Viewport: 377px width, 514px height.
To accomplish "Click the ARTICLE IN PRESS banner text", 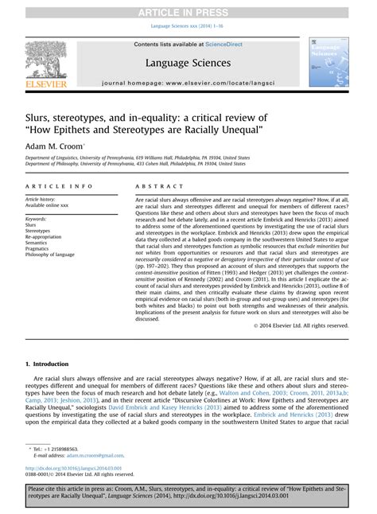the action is pos(188,9).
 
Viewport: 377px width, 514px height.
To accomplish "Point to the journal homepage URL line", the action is pos(188,82).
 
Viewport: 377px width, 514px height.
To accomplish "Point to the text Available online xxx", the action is pos(48,204).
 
